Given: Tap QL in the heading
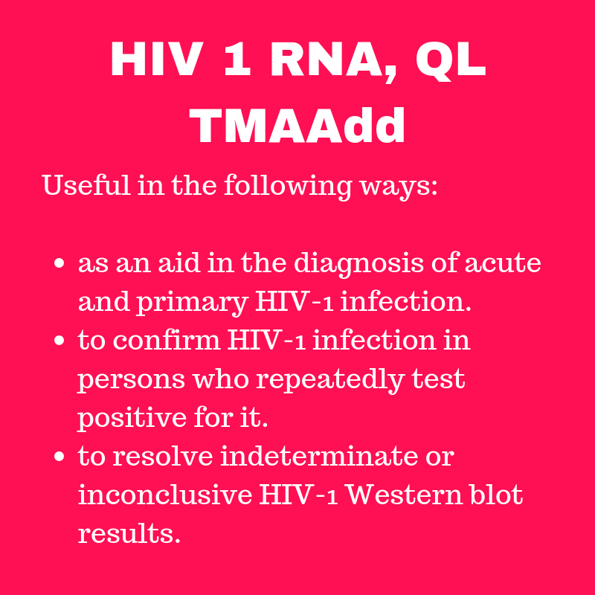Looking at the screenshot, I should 450,60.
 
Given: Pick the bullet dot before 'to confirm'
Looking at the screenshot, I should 60,342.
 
